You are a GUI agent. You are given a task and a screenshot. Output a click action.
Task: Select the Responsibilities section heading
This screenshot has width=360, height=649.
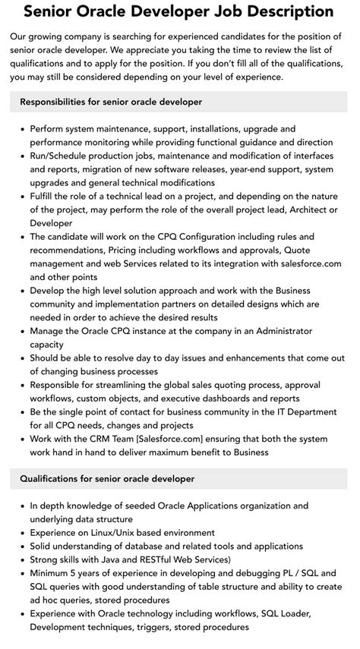(x=111, y=102)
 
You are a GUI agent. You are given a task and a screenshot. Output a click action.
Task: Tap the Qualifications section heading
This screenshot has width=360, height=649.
(x=107, y=478)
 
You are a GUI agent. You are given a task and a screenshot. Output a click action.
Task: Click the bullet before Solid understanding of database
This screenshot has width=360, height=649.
(x=21, y=547)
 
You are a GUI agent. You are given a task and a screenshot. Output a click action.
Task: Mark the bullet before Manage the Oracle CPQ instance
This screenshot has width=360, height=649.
(x=21, y=331)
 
